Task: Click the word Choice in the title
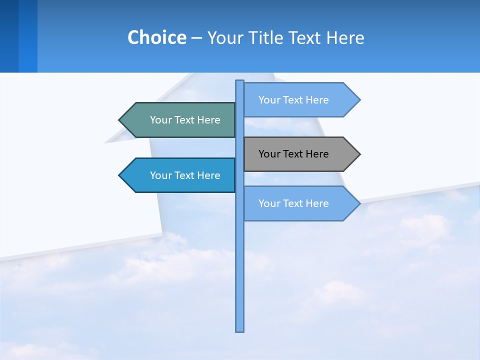click(x=156, y=37)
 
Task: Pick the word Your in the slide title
click(x=225, y=37)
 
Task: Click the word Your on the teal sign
click(x=161, y=120)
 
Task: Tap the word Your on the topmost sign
click(x=269, y=100)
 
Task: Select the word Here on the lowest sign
click(x=317, y=203)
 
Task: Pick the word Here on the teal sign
click(x=208, y=120)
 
